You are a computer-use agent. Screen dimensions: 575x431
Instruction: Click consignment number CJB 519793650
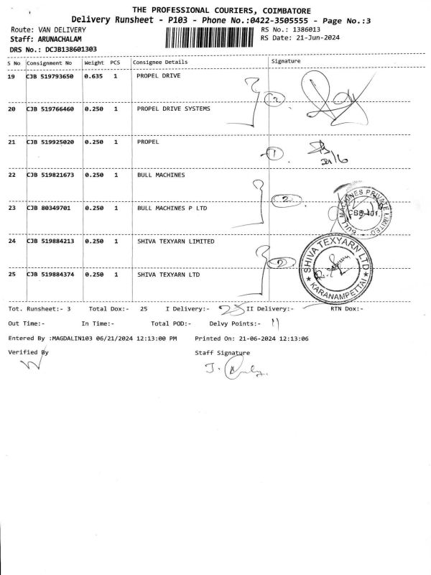(x=50, y=77)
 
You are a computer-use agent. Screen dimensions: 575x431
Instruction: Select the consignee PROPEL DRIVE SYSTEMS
(x=173, y=109)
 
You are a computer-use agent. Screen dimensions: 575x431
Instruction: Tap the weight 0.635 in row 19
(x=94, y=77)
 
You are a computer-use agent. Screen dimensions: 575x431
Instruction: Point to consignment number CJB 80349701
(x=47, y=208)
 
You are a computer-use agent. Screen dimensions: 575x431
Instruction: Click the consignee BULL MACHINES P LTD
(x=172, y=208)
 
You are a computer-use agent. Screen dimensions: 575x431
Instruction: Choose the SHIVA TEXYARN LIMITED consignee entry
(x=175, y=241)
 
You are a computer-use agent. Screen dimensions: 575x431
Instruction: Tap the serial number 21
(x=11, y=142)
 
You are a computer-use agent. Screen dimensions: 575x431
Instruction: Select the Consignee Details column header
(x=160, y=63)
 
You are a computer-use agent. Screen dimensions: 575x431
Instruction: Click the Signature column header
(x=286, y=62)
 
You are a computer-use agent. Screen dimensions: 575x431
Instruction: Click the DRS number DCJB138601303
(x=71, y=49)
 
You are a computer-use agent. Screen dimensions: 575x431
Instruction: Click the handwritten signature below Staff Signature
(x=226, y=371)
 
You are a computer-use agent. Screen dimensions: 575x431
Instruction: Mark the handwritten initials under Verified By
(x=27, y=364)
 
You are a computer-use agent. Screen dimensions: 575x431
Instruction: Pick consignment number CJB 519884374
(x=50, y=275)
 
